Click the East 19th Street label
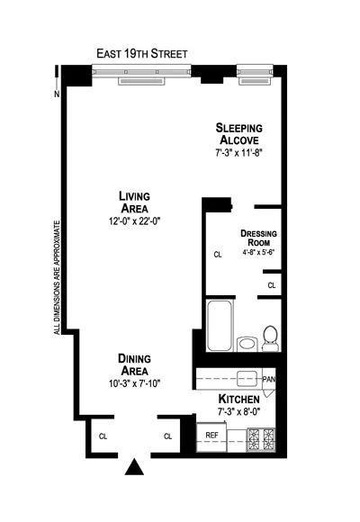(142, 53)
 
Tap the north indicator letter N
(57, 93)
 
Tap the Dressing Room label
(258, 239)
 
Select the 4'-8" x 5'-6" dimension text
(258, 254)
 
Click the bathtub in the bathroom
(219, 328)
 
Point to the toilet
(269, 337)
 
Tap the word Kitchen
(238, 398)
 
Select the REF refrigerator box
(211, 436)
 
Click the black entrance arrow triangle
(134, 467)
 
